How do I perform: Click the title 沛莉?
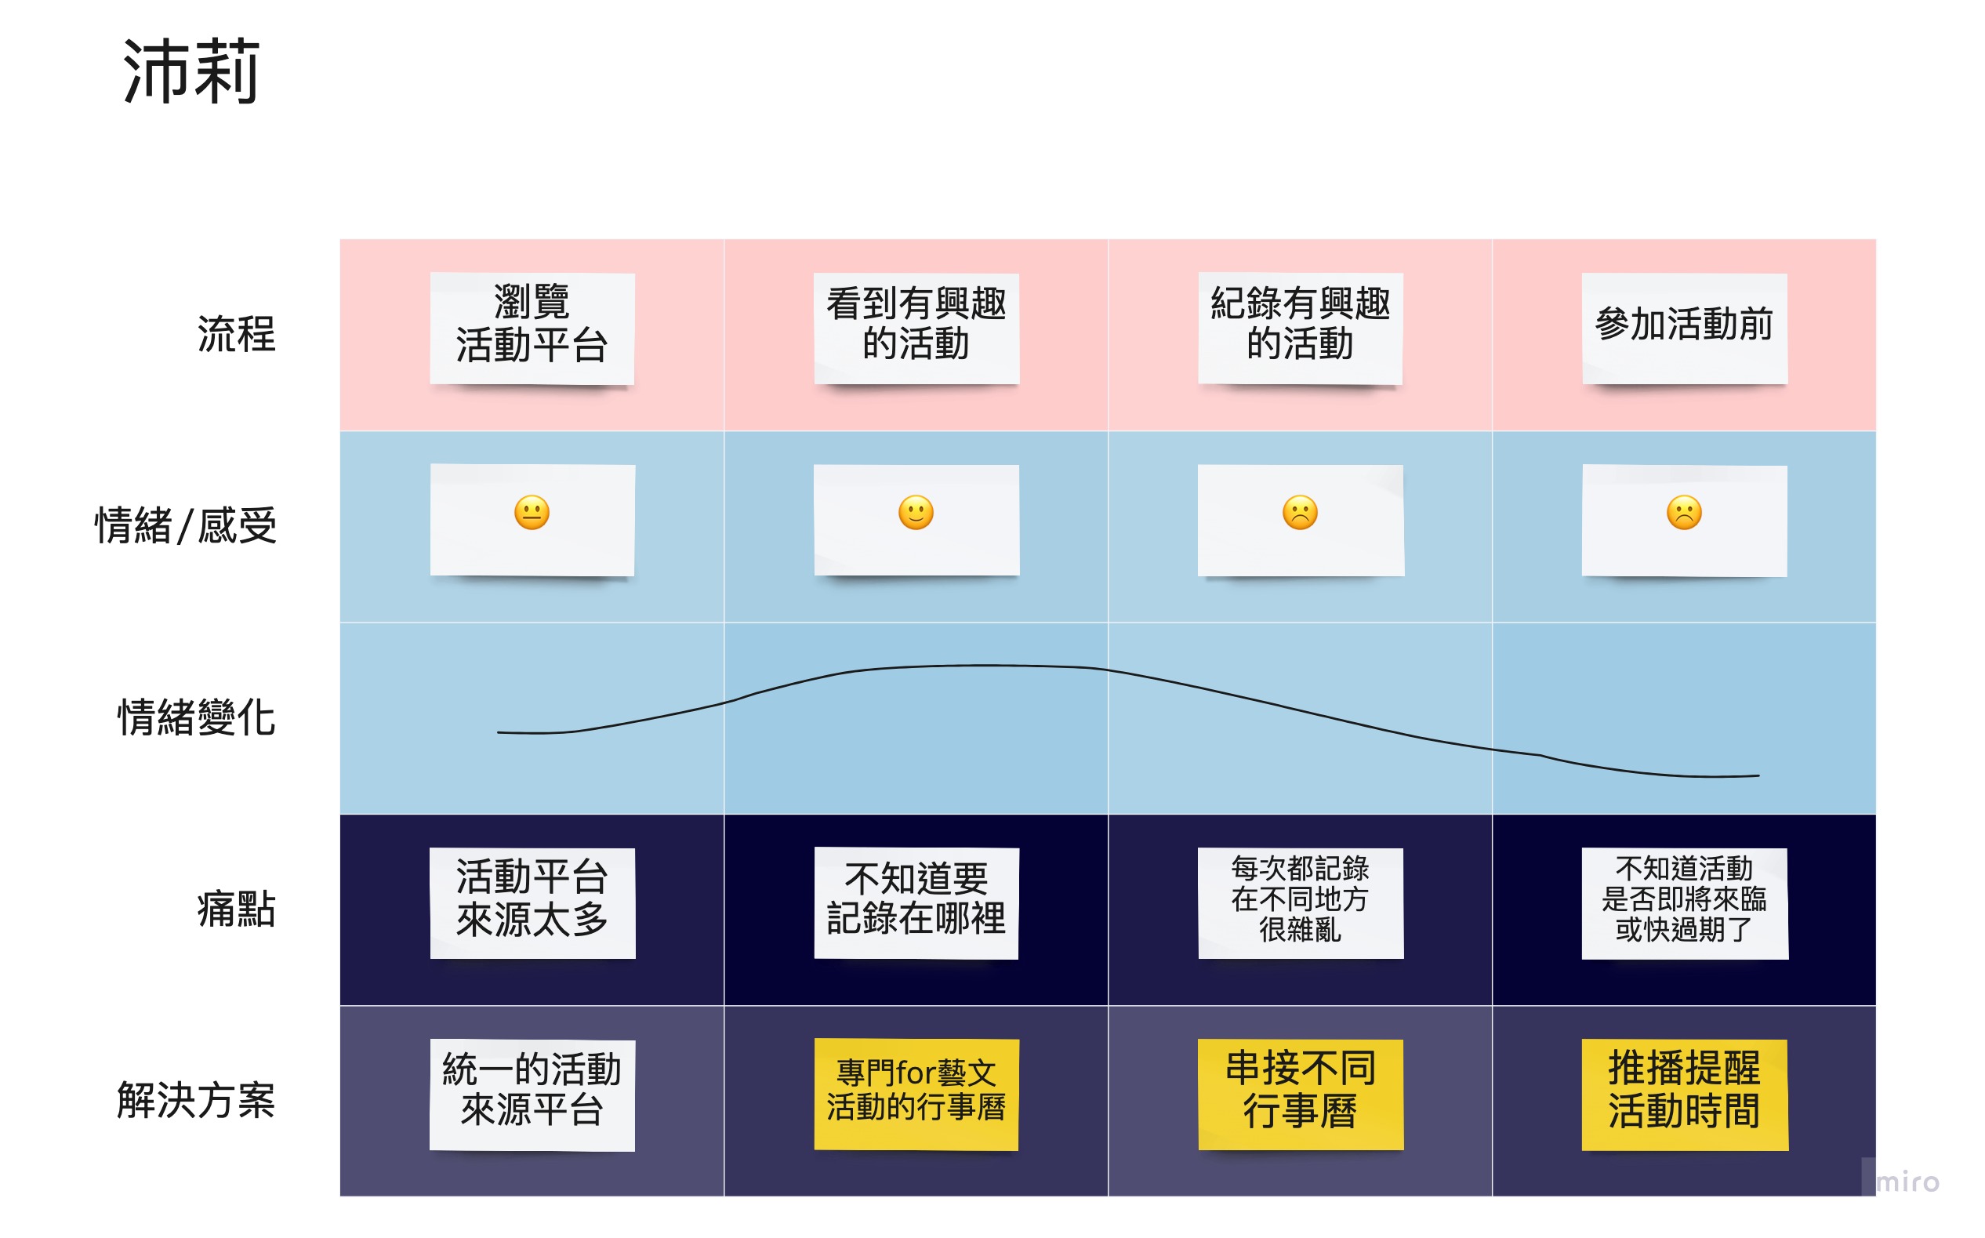point(191,72)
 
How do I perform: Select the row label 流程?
point(236,334)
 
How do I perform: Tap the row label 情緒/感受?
point(186,525)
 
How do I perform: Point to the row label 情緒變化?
point(197,717)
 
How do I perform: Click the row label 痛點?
point(236,909)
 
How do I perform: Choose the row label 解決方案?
point(197,1101)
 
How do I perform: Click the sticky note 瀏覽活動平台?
point(532,329)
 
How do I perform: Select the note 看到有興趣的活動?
point(916,329)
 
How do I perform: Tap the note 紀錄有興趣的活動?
point(1300,329)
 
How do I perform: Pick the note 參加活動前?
point(1684,329)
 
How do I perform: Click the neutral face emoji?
point(532,514)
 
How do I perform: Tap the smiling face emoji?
point(916,514)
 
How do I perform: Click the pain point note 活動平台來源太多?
point(532,903)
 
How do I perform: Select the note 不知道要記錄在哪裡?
point(916,903)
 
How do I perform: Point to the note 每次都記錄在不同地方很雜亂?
point(1300,903)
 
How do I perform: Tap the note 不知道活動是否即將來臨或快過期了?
point(1685,903)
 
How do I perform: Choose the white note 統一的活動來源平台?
point(532,1095)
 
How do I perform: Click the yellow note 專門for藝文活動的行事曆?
point(916,1095)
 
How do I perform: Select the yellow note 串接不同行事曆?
point(1300,1095)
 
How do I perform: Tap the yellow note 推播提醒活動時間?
point(1685,1095)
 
